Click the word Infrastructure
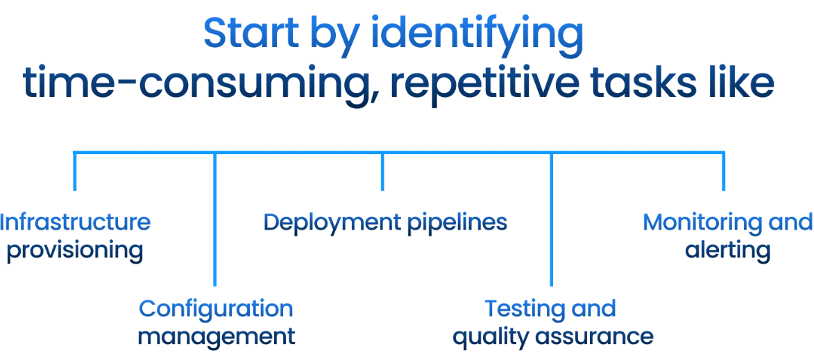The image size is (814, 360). (75, 223)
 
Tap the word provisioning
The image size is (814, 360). (75, 250)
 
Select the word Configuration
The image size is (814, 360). (216, 309)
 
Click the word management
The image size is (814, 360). (216, 337)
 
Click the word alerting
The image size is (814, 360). (727, 250)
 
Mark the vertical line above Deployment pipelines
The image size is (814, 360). (382, 171)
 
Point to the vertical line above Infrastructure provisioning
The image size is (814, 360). (75, 171)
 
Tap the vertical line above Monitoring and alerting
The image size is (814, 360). (724, 171)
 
